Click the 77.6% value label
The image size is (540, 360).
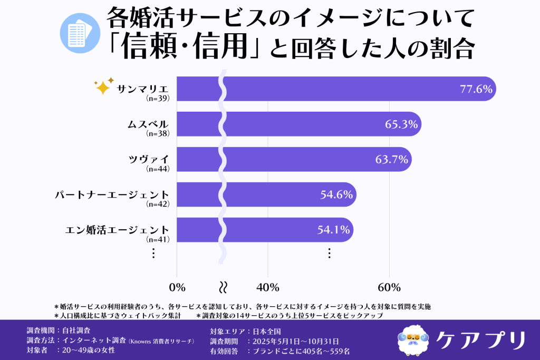point(476,89)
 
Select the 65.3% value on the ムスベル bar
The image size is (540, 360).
point(401,124)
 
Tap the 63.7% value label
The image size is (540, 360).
point(392,160)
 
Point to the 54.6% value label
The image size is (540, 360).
point(336,194)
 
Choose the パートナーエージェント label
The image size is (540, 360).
point(113,194)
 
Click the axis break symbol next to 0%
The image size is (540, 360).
point(223,287)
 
